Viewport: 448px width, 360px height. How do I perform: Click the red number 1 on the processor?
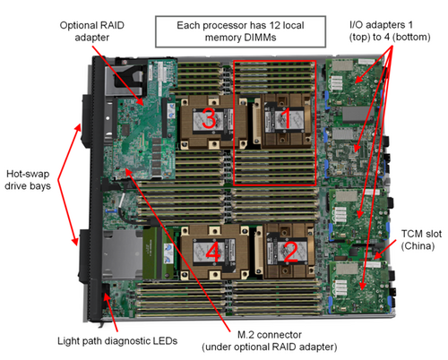(x=286, y=118)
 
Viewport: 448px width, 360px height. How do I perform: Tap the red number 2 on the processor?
(x=290, y=252)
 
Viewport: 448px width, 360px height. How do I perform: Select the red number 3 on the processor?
(x=209, y=118)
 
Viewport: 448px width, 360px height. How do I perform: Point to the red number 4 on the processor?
(x=213, y=253)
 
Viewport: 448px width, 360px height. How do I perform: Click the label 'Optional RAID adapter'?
(x=92, y=31)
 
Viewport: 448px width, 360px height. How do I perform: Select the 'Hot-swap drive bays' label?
(x=28, y=180)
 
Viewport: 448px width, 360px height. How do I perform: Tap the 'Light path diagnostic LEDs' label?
(x=117, y=341)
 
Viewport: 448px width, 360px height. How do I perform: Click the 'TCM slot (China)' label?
(x=421, y=240)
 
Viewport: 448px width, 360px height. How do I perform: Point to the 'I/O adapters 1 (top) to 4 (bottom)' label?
(x=390, y=30)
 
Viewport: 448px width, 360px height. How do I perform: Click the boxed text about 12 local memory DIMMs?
(x=240, y=31)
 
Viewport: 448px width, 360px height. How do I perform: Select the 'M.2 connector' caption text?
(x=270, y=335)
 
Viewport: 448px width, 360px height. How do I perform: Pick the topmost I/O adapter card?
(x=353, y=82)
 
